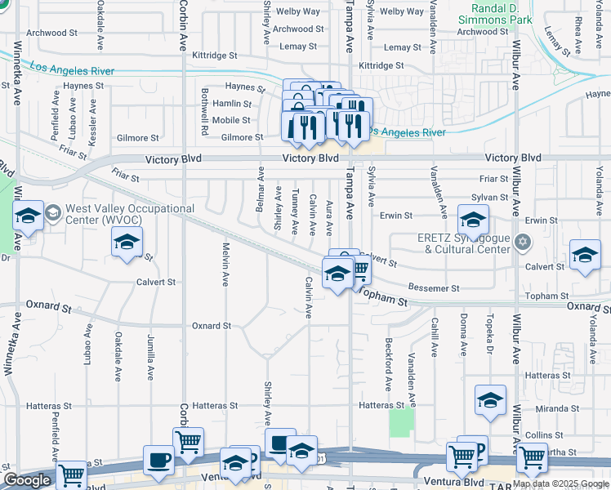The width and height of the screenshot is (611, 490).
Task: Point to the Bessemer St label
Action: (435, 288)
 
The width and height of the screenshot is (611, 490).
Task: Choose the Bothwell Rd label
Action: (205, 110)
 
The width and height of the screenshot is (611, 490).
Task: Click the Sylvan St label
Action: (492, 198)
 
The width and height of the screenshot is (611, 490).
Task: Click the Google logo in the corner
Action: (27, 480)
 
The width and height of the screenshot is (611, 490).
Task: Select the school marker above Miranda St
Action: (490, 399)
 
